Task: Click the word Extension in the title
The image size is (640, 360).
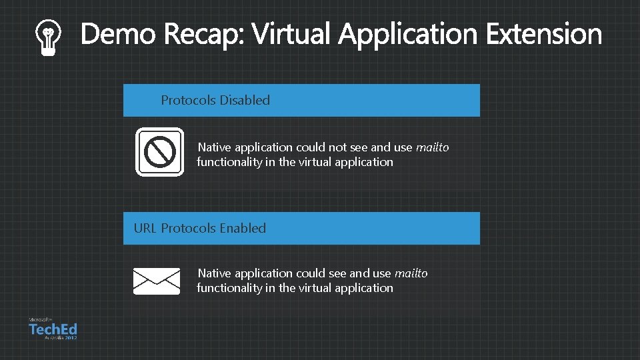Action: coord(543,35)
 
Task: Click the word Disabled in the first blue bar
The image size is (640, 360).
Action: coord(245,100)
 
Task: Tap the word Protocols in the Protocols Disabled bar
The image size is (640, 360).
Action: coord(188,100)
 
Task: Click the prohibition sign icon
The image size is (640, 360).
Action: coord(160,151)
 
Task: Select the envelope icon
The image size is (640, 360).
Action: coord(157,281)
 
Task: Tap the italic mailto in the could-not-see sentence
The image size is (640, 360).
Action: coord(432,147)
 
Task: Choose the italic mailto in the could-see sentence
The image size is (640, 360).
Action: coord(411,273)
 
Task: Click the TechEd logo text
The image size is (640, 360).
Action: coord(53,329)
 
